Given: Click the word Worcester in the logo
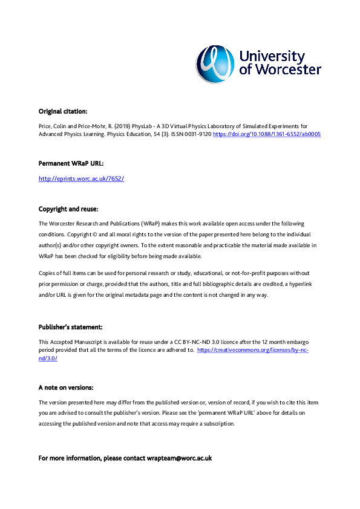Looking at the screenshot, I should (287, 70).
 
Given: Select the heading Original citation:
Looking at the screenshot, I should (63, 111).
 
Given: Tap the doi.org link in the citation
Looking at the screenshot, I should (266, 134).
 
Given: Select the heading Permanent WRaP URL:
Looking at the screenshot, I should (67, 163).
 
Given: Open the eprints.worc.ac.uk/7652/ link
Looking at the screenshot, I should (81, 179).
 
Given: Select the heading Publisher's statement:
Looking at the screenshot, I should (70, 327).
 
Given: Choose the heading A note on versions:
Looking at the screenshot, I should (65, 387).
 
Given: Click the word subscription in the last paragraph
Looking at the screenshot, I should (218, 424).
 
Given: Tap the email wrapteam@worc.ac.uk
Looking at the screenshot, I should (179, 458).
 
